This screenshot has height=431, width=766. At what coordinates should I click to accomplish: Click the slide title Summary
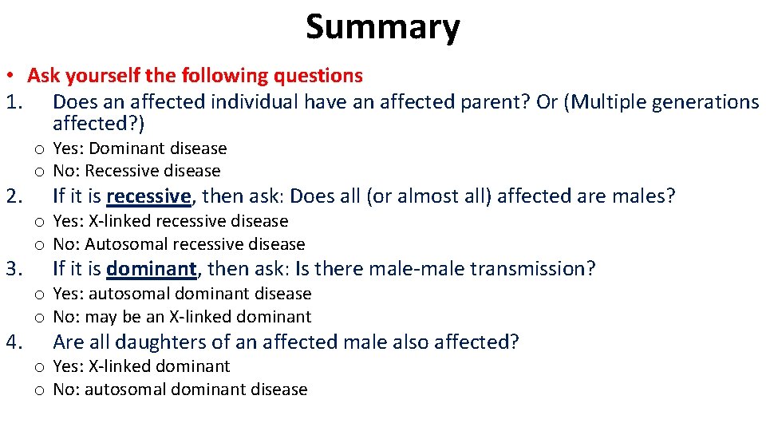(382, 27)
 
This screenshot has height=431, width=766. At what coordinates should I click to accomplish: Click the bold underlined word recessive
(148, 196)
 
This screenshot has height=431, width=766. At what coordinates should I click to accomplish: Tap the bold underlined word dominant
(150, 269)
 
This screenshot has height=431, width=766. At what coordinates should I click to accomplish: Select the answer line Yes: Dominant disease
(140, 148)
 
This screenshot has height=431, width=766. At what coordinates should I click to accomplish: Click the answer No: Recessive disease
(136, 171)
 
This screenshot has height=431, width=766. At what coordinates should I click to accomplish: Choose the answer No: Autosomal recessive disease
(179, 244)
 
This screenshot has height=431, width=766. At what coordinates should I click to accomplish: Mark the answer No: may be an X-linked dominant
(182, 317)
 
